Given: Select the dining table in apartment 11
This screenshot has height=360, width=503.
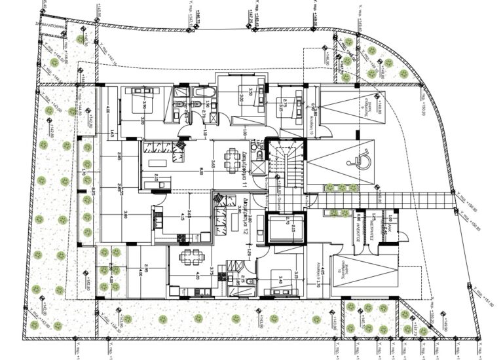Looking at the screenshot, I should [229, 156].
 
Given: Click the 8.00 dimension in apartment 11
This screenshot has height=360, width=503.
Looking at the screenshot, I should [200, 171].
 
